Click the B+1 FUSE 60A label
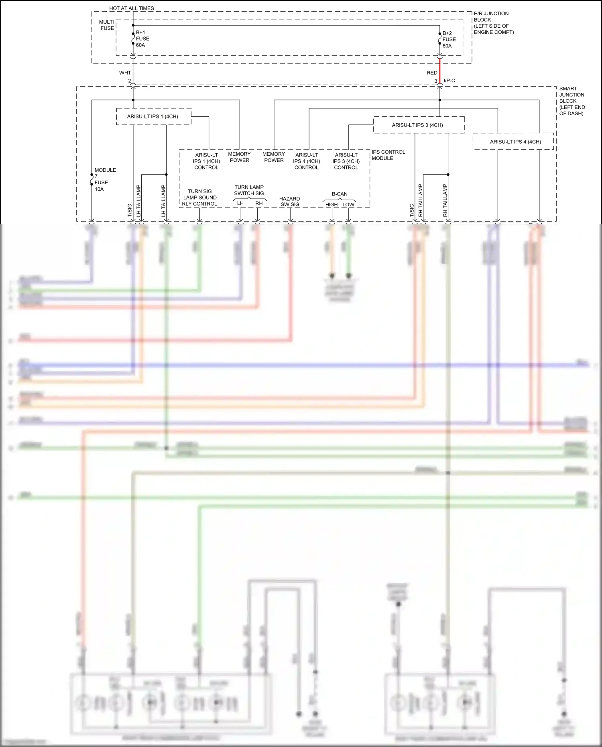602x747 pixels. tap(142, 39)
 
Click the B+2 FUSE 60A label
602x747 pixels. tap(449, 40)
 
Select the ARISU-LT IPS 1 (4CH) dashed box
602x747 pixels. tap(153, 116)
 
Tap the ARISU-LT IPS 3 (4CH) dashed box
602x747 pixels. tap(419, 125)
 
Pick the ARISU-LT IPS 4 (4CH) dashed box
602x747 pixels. tap(513, 142)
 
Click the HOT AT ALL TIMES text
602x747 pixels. tap(131, 8)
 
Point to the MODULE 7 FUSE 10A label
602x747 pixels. tap(105, 179)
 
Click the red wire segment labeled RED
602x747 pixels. tap(440, 72)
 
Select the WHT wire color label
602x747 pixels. tap(125, 73)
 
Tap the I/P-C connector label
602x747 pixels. tap(449, 81)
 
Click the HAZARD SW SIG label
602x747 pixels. tap(289, 202)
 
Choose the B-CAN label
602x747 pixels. tap(340, 194)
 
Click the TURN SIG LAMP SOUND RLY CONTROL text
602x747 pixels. tap(199, 197)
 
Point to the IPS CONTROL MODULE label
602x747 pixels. tap(388, 155)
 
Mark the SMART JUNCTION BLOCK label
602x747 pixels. tap(571, 101)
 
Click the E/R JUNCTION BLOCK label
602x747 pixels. tap(493, 22)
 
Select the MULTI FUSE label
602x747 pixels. tap(107, 25)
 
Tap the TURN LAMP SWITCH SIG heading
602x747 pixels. tap(249, 190)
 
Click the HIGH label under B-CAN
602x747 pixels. tap(332, 205)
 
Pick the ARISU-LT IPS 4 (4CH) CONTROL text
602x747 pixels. tap(306, 161)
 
